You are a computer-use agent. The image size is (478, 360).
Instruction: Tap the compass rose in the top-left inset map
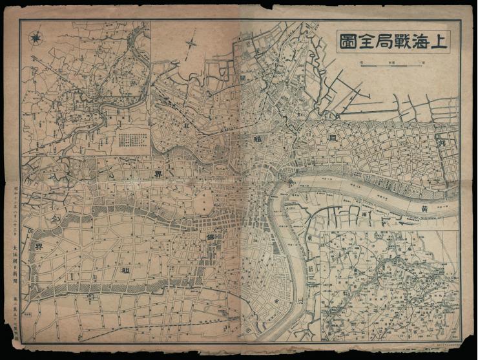point(35,36)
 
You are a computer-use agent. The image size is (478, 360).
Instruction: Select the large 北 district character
point(187,125)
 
